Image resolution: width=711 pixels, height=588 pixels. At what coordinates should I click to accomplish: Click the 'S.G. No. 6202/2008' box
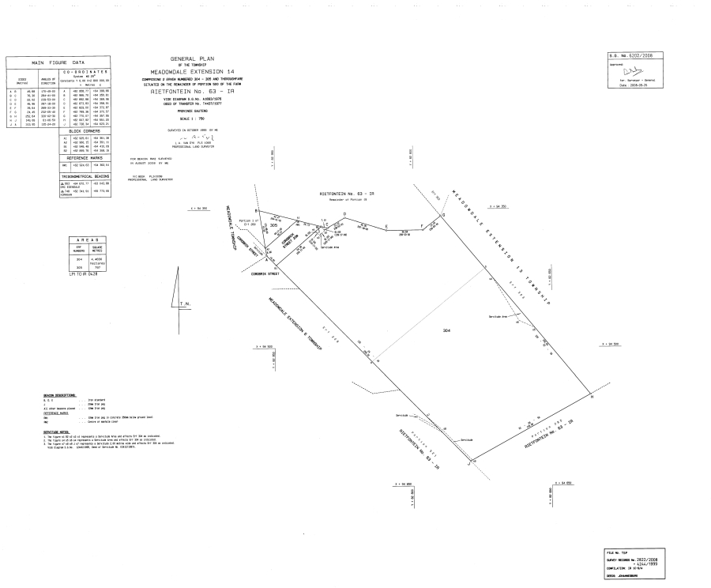pyautogui.click(x=630, y=55)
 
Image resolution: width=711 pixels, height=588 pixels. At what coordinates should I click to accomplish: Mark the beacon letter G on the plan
pyautogui.click(x=443, y=215)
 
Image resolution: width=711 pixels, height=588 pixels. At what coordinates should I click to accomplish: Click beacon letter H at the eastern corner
pyautogui.click(x=593, y=397)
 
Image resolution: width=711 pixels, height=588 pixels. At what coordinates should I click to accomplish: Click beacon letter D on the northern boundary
pyautogui.click(x=344, y=213)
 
